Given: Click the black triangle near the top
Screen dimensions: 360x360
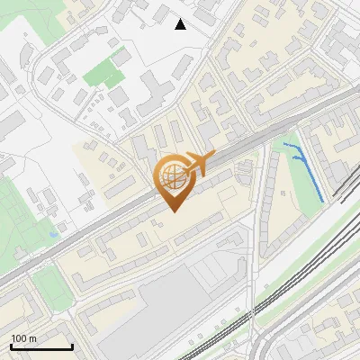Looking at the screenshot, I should click(x=181, y=24).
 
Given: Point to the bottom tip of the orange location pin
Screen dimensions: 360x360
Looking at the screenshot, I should click(x=173, y=211).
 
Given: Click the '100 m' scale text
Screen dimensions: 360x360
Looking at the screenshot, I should click(x=23, y=338).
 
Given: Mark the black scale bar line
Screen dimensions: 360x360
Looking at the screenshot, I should click(x=41, y=347).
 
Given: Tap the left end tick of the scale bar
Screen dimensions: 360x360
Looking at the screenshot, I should click(x=11, y=346).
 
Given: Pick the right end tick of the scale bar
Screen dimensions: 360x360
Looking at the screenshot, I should click(x=72, y=346).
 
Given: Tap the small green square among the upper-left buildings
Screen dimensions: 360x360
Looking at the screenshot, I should click(x=106, y=71).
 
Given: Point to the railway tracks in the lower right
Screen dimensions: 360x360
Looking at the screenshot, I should click(x=306, y=270).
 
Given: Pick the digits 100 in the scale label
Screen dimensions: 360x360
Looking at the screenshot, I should click(x=19, y=338).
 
